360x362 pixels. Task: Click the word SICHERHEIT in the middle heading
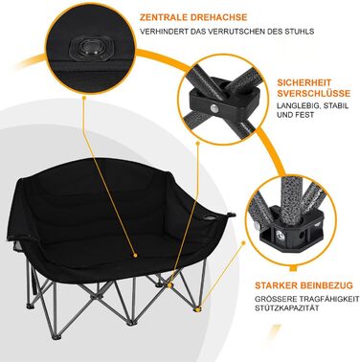coord(300,83)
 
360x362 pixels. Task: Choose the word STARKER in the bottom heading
coord(275,285)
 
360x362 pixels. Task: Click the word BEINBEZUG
coord(326,285)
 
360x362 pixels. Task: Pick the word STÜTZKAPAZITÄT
coord(287,308)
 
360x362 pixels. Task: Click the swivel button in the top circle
coord(91,49)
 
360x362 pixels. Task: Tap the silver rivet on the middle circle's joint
coord(214,109)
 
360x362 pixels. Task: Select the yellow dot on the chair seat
coord(135,256)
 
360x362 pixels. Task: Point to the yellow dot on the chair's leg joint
coord(170,285)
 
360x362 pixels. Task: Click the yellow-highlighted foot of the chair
coord(197,309)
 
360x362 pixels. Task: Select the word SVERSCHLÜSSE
coord(314,94)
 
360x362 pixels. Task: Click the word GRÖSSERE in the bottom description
coord(273,299)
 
